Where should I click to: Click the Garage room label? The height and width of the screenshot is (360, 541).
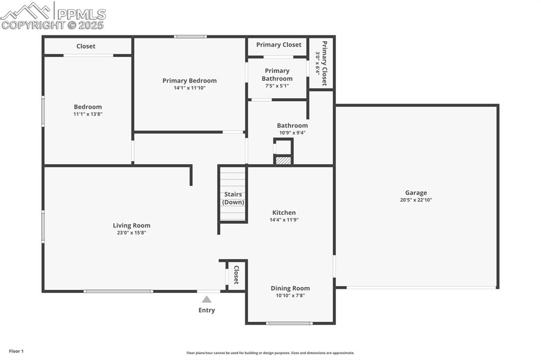[x=416, y=193]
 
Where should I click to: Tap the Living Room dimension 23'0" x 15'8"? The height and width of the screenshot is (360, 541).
[x=131, y=232]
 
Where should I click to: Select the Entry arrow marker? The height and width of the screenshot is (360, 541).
[x=207, y=299]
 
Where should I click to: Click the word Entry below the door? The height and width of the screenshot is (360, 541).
[x=207, y=310]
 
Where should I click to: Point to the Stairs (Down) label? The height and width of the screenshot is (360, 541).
[x=233, y=198]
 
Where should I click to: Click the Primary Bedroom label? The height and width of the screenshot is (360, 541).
[x=189, y=81]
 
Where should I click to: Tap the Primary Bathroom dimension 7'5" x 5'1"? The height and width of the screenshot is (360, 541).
[x=277, y=86]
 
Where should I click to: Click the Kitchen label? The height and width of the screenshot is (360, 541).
[x=284, y=213]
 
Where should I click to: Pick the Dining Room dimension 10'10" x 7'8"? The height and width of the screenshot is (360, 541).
[x=290, y=296]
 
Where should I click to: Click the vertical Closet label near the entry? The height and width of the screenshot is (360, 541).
[x=237, y=275]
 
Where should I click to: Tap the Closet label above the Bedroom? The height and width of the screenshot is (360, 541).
[x=86, y=46]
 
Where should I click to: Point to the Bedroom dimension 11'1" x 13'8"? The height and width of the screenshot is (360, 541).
[x=88, y=114]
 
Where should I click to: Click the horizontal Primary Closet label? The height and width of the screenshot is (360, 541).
[x=278, y=45]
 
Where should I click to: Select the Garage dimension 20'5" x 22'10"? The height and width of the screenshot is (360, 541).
[x=416, y=200]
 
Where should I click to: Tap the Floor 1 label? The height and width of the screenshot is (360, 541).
[x=16, y=351]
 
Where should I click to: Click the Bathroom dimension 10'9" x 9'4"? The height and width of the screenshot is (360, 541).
[x=292, y=132]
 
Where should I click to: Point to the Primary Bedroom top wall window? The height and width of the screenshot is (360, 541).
[x=190, y=36]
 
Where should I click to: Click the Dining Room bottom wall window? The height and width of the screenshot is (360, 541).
[x=289, y=323]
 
